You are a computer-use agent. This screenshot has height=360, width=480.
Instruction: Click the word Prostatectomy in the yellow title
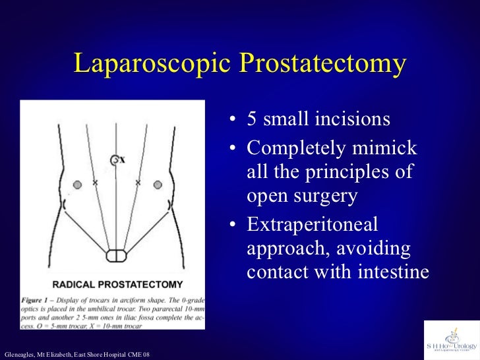(322, 64)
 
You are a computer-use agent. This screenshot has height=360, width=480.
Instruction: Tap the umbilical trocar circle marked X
(115, 160)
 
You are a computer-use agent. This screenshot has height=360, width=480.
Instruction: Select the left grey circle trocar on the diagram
(78, 185)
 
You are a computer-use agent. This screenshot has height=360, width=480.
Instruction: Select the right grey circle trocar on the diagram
(158, 185)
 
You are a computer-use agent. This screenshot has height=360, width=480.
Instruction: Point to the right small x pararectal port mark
(138, 182)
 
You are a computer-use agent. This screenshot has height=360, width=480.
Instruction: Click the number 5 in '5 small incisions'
(252, 120)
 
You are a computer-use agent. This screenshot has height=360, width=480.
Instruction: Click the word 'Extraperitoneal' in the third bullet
(313, 225)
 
